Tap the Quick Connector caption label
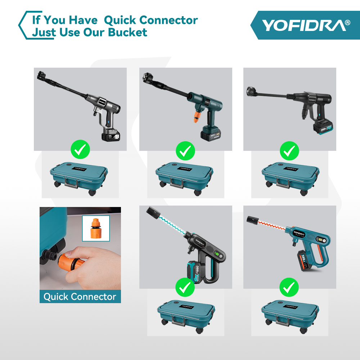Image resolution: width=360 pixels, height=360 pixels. click(80, 297)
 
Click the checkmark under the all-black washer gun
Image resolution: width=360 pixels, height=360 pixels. click(289, 151)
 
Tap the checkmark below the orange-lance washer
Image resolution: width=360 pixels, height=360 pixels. click(289, 287)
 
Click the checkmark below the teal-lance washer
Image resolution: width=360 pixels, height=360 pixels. click(185, 287)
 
